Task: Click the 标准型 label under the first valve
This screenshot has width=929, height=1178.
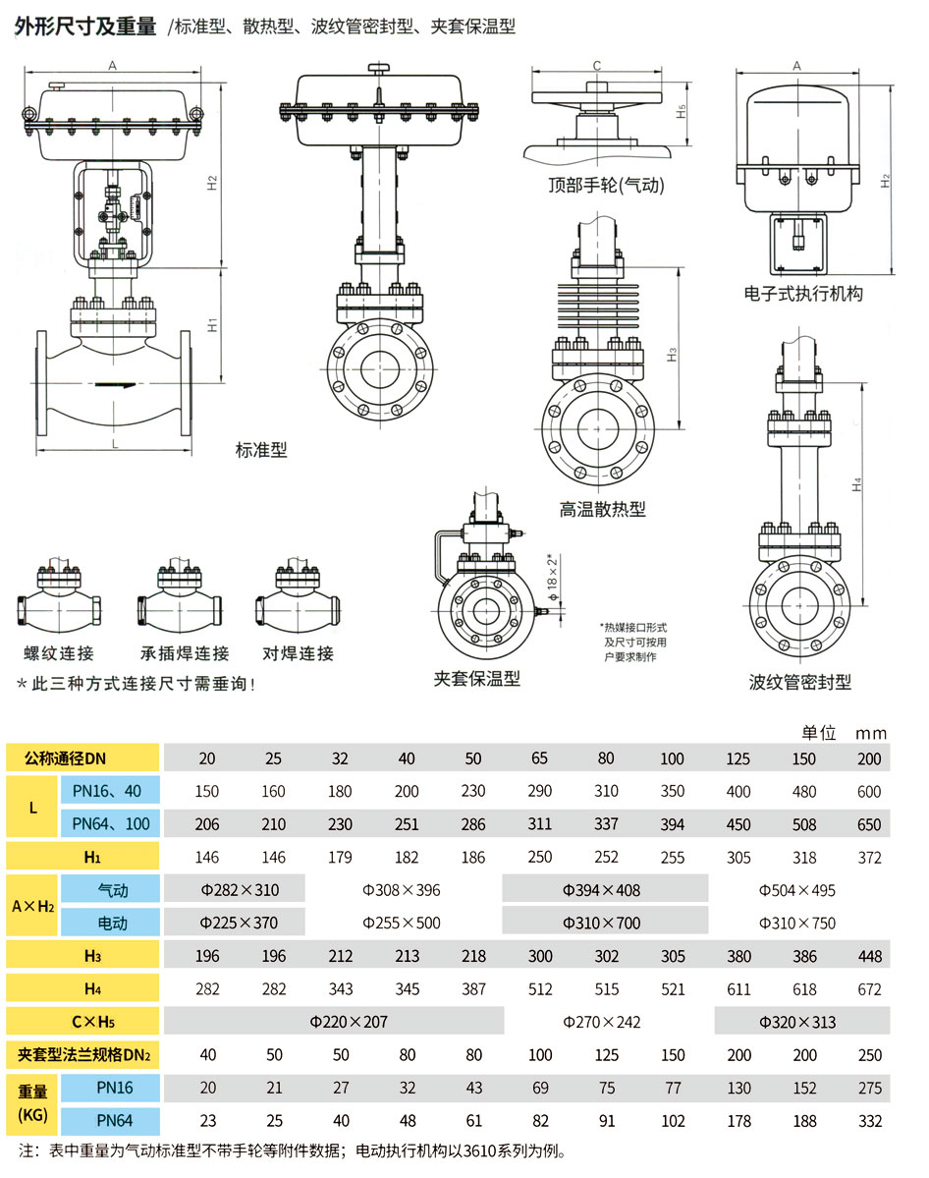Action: pyautogui.click(x=261, y=451)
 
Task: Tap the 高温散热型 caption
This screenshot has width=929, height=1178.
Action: pyautogui.click(x=603, y=509)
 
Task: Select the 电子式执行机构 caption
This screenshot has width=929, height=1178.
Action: pyautogui.click(x=803, y=293)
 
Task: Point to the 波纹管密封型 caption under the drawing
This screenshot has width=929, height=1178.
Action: pyautogui.click(x=800, y=682)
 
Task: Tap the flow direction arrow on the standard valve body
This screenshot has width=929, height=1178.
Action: pyautogui.click(x=117, y=385)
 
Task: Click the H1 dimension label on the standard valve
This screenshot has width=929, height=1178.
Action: pyautogui.click(x=212, y=324)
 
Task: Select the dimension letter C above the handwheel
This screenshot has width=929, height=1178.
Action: pyautogui.click(x=596, y=66)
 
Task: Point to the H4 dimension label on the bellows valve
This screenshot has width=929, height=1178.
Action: pyautogui.click(x=857, y=484)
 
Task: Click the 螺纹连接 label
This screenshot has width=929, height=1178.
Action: pyautogui.click(x=59, y=653)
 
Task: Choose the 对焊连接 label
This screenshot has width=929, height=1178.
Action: pyautogui.click(x=298, y=653)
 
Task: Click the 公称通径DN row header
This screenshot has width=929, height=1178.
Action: pyautogui.click(x=82, y=758)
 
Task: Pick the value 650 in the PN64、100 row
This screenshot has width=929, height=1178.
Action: pyautogui.click(x=869, y=824)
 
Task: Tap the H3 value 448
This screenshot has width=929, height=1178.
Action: pyautogui.click(x=869, y=957)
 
